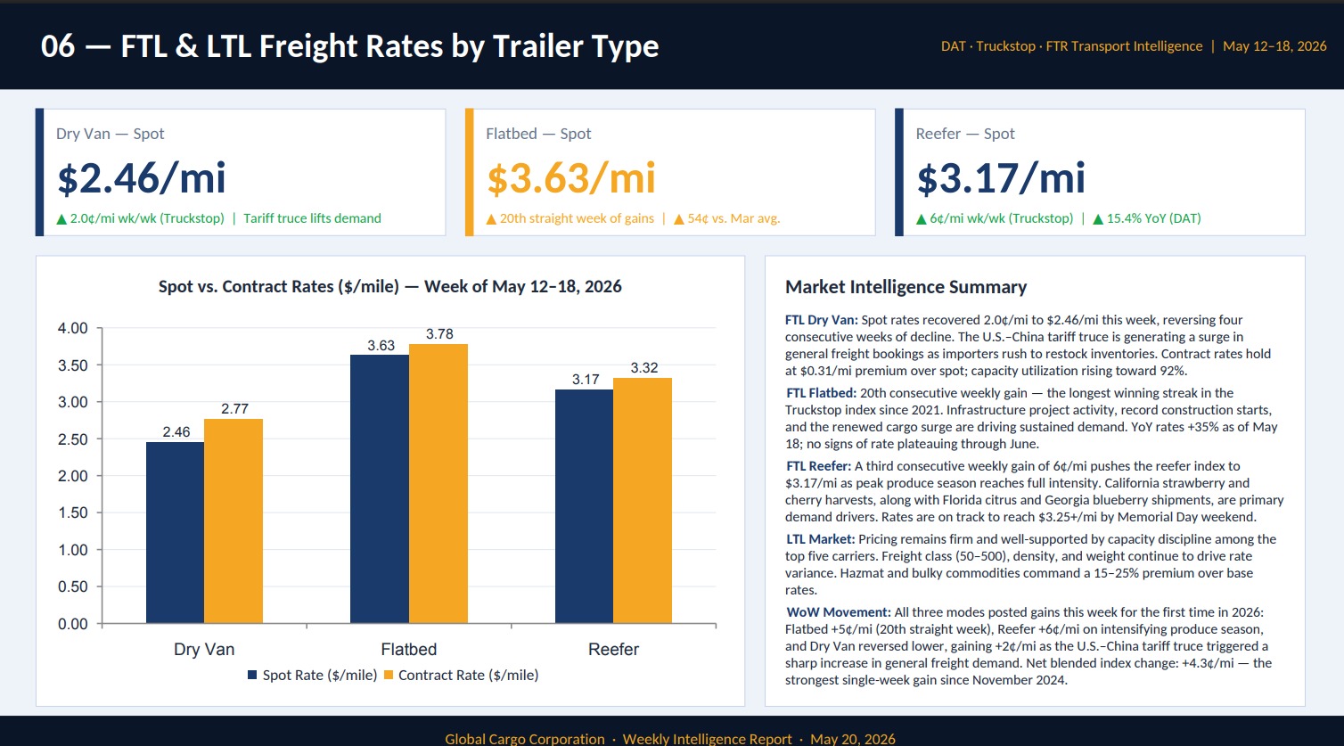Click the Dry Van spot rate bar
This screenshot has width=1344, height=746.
[x=176, y=532]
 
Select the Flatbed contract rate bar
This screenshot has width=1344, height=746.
[x=438, y=483]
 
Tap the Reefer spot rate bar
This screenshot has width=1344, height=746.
[x=584, y=506]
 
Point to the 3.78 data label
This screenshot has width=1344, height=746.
[x=439, y=333]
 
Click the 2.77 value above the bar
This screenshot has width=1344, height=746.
[x=234, y=409]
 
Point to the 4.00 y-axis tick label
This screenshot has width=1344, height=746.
[x=72, y=328]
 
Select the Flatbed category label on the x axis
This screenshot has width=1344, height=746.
[x=408, y=650]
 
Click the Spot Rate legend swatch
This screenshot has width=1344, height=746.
[x=252, y=676]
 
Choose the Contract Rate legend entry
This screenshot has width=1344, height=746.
[x=461, y=676]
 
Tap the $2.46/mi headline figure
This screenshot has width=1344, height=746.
[x=142, y=177]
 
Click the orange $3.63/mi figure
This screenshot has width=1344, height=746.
[x=571, y=177]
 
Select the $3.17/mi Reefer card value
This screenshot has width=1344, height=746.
[x=1001, y=177]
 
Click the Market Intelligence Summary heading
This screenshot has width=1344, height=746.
[x=906, y=287]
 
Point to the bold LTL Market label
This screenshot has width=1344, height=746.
[x=820, y=539]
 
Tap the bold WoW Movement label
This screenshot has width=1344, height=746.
[x=838, y=612]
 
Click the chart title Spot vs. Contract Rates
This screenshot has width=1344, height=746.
[x=390, y=286]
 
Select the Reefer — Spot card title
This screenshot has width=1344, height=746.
[x=965, y=133]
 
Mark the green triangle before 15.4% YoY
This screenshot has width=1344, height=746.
[x=1098, y=219]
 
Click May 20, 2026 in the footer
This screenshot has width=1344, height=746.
[x=853, y=739]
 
